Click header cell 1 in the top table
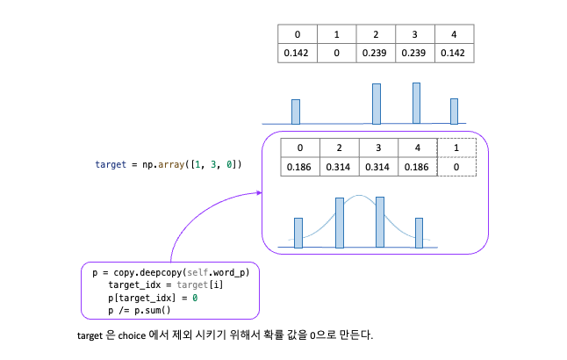(336, 34)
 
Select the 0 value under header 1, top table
(336, 53)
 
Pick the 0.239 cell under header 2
(376, 53)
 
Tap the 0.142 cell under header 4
(455, 53)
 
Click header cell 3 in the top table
(415, 34)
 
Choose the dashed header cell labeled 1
(456, 148)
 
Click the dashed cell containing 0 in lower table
(456, 166)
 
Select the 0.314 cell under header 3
(377, 166)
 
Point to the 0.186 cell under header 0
(300, 166)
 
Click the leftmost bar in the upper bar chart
(296, 112)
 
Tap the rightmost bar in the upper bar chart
(454, 111)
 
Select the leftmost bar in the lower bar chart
(298, 233)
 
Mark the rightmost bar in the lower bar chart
(419, 233)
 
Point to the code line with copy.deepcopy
(170, 273)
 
